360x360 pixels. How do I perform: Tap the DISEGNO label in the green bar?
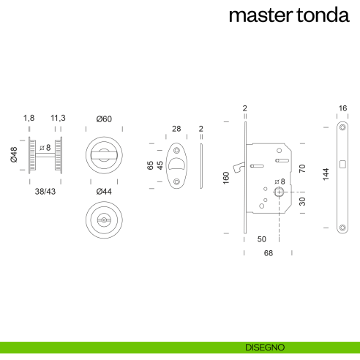tap(265, 347)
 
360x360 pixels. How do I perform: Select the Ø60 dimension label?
tap(105, 118)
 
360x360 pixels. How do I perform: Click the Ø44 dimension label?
tap(105, 192)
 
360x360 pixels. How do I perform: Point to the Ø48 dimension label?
tap(14, 154)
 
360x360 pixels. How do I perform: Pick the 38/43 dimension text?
tap(45, 191)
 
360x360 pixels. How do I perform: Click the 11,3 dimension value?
tap(59, 118)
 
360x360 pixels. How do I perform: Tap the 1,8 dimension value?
tap(29, 118)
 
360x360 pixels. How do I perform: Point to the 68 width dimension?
tap(268, 253)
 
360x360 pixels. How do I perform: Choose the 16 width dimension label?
tap(343, 108)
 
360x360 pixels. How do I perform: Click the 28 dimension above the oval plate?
tap(176, 129)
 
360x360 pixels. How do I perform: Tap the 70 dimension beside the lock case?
tap(301, 168)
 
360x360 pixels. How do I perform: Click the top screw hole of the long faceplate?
tap(343, 129)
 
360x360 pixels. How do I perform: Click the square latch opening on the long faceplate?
tap(343, 162)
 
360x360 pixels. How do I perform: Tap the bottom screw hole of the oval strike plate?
tap(176, 181)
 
